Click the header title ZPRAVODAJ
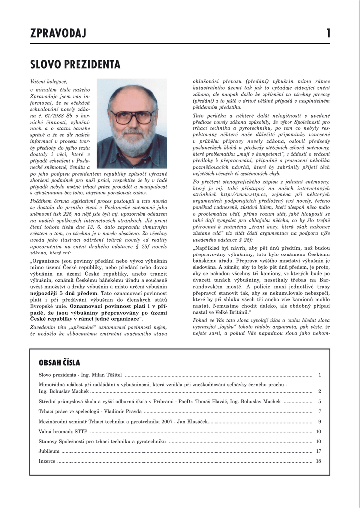pos(58,34)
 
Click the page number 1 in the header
pos(328,34)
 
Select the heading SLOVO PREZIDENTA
pos(75,64)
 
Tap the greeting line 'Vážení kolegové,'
pos(48,81)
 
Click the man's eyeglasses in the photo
pos(132,117)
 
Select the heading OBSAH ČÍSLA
pos(60,363)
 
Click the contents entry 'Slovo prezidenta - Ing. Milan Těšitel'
pos(80,375)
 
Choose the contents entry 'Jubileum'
pos(49,451)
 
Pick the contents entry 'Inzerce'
pos(48,461)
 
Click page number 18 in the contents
pos(318,461)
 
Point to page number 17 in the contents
pos(318,451)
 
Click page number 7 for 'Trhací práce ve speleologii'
pos(320,411)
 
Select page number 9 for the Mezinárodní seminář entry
pos(320,422)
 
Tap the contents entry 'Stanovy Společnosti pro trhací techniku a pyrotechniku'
pos(102,441)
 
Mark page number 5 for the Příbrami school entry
pos(320,401)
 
